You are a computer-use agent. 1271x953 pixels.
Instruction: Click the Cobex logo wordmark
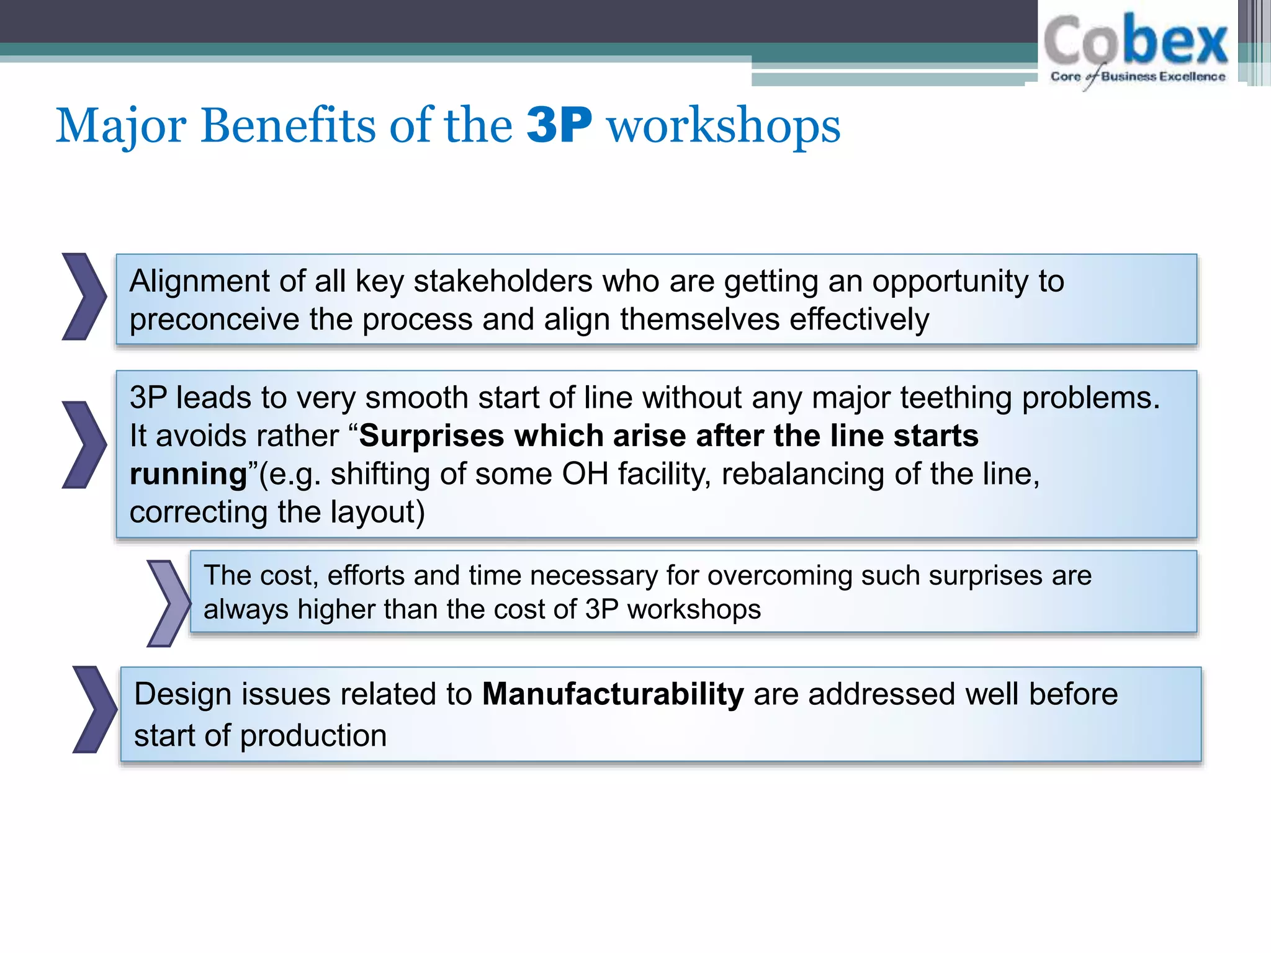(x=1136, y=40)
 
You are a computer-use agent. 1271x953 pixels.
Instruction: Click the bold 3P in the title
(x=559, y=125)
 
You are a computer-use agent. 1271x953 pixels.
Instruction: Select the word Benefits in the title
(x=288, y=125)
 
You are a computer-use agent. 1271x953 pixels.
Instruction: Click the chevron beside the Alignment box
(x=84, y=297)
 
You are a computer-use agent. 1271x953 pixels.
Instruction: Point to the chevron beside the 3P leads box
(x=84, y=445)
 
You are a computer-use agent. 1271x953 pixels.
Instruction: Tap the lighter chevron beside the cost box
(x=168, y=603)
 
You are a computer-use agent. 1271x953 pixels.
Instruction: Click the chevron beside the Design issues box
(x=94, y=710)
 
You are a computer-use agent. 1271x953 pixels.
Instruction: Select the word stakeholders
(x=503, y=281)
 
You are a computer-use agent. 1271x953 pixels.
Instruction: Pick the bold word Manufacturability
(x=613, y=694)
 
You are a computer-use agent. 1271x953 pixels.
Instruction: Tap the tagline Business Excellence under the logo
(x=1163, y=76)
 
